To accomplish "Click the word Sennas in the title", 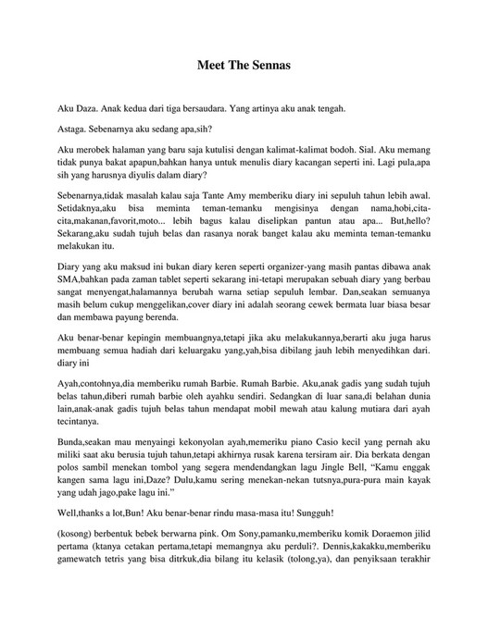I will tap(269, 67).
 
